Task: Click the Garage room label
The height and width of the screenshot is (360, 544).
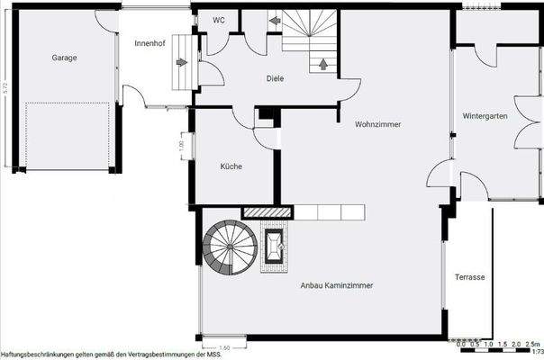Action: point(64,58)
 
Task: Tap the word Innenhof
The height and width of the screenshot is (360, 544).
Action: point(149,42)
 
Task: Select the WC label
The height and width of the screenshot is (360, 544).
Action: point(219,20)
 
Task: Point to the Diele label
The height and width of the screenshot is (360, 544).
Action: point(275,78)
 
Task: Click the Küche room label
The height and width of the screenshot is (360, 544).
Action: point(231,166)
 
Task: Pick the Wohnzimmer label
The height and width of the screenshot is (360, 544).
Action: point(378,123)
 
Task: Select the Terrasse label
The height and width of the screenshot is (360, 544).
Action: point(469,277)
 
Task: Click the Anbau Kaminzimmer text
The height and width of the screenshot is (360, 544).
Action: point(336,284)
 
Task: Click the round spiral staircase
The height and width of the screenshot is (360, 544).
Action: point(231,249)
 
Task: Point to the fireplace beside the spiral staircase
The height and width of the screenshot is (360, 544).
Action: point(275,247)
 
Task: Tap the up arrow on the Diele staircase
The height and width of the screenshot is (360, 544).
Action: point(322,63)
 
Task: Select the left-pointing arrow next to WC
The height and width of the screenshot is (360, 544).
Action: point(274,20)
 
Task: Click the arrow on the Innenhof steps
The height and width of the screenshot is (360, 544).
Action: point(182,63)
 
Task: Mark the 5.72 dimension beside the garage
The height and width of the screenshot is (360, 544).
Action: point(6,87)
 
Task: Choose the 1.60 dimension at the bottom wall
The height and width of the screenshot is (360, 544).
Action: point(223,346)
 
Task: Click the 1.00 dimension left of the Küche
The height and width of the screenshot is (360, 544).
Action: point(180,144)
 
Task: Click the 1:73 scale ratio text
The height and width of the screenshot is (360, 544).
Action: point(538,352)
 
